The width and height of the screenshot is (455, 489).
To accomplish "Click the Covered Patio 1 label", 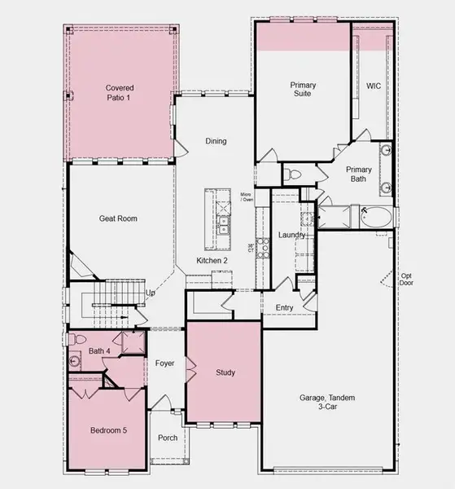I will [119, 92].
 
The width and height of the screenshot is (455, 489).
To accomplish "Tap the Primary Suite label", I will [304, 90].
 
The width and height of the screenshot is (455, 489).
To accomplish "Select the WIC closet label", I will [374, 86].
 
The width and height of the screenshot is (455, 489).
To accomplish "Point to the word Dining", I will [215, 141].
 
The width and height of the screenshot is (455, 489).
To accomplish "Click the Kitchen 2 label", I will [211, 260].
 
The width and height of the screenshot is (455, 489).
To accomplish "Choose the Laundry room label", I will [291, 236].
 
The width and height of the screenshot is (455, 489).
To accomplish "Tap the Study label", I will [225, 372].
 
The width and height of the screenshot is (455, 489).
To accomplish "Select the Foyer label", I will [165, 363].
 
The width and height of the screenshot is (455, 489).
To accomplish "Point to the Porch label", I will [168, 438].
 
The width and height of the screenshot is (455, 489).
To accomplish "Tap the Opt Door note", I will [405, 280].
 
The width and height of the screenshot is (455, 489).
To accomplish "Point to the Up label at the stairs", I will [150, 293].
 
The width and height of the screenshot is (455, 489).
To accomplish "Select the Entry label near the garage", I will [284, 307].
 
